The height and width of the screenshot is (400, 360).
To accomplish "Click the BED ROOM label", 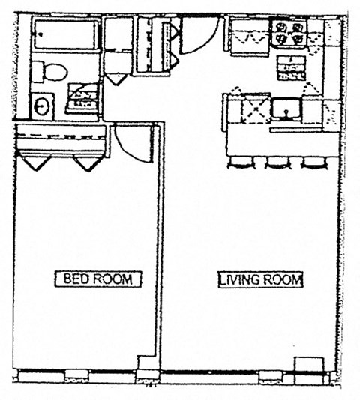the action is click(97, 279).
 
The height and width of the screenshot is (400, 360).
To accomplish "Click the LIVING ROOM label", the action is click(261, 279).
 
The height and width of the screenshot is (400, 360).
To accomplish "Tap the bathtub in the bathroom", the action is click(66, 35).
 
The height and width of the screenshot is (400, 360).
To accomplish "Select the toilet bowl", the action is click(57, 72).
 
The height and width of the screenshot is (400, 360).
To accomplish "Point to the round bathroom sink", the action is click(42, 106).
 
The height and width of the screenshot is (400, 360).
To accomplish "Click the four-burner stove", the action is click(289, 34).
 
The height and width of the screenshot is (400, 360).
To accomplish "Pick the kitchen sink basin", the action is click(286, 109).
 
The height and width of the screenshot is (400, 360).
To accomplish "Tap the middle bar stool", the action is click(278, 163).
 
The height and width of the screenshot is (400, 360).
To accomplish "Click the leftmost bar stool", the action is click(241, 163).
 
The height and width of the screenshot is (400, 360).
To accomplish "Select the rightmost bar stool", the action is click(315, 163).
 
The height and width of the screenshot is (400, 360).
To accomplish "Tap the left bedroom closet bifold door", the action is click(36, 163).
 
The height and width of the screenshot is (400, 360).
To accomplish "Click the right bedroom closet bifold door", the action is click(88, 163).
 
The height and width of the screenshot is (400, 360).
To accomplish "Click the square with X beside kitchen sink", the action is click(256, 109).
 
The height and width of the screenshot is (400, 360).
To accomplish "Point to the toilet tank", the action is click(37, 72).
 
